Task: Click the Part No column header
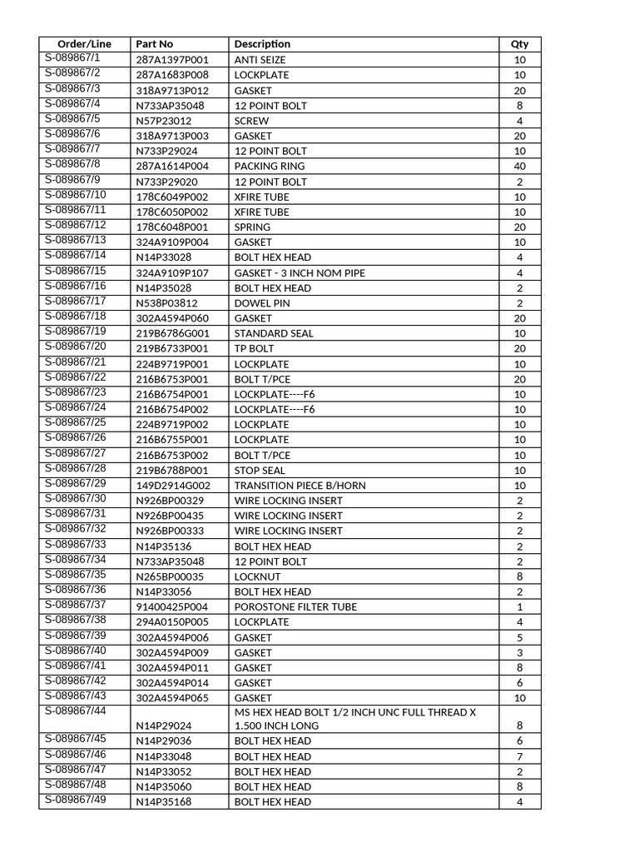pyautogui.click(x=155, y=44)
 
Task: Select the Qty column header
pyautogui.click(x=519, y=44)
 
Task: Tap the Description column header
pyautogui.click(x=262, y=44)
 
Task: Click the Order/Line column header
pyautogui.click(x=84, y=44)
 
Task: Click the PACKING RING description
pyautogui.click(x=270, y=167)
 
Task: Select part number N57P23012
pyautogui.click(x=164, y=121)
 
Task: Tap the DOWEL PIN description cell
pyautogui.click(x=262, y=303)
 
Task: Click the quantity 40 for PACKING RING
pyautogui.click(x=520, y=167)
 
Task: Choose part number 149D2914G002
pyautogui.click(x=173, y=486)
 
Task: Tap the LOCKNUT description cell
pyautogui.click(x=257, y=576)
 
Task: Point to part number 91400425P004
pyautogui.click(x=172, y=607)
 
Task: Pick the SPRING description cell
pyautogui.click(x=252, y=227)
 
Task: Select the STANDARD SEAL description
pyautogui.click(x=274, y=333)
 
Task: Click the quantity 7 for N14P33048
pyautogui.click(x=520, y=756)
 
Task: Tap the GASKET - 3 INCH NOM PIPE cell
pyautogui.click(x=300, y=273)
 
